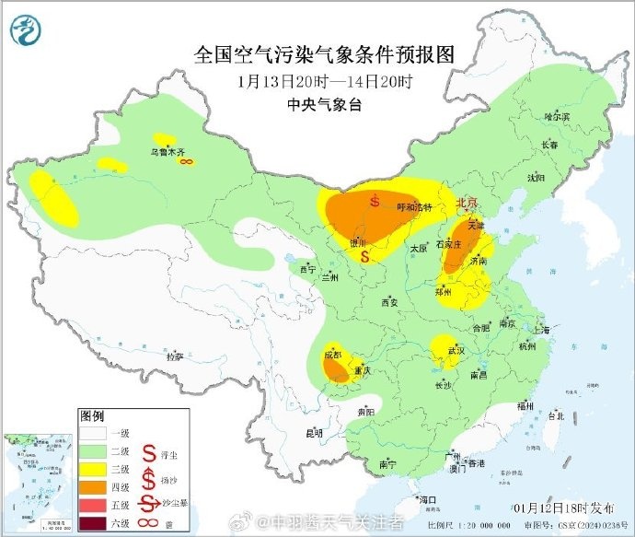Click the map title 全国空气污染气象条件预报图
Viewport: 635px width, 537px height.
pos(325,54)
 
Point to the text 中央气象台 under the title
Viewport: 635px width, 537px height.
pos(325,105)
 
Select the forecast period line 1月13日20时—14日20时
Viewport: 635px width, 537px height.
pos(325,81)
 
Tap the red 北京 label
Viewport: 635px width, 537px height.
pos(468,203)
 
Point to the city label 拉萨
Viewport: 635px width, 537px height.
pos(174,356)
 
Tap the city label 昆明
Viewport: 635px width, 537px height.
pos(315,432)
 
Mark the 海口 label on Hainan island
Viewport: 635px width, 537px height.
pos(426,498)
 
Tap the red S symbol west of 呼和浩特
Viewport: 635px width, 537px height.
pos(375,200)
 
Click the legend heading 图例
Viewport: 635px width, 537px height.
pos(92,415)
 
